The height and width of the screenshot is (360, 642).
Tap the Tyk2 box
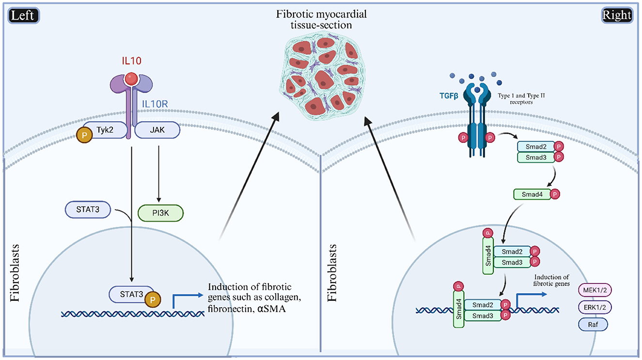tap(108, 130)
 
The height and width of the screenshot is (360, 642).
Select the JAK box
tap(157, 130)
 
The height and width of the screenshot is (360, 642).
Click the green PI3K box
tap(157, 212)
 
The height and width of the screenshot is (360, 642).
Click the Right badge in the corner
tap(616, 16)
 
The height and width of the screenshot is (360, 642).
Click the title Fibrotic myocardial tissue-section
tap(320, 19)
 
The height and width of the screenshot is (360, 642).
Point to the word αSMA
tap(268, 306)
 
